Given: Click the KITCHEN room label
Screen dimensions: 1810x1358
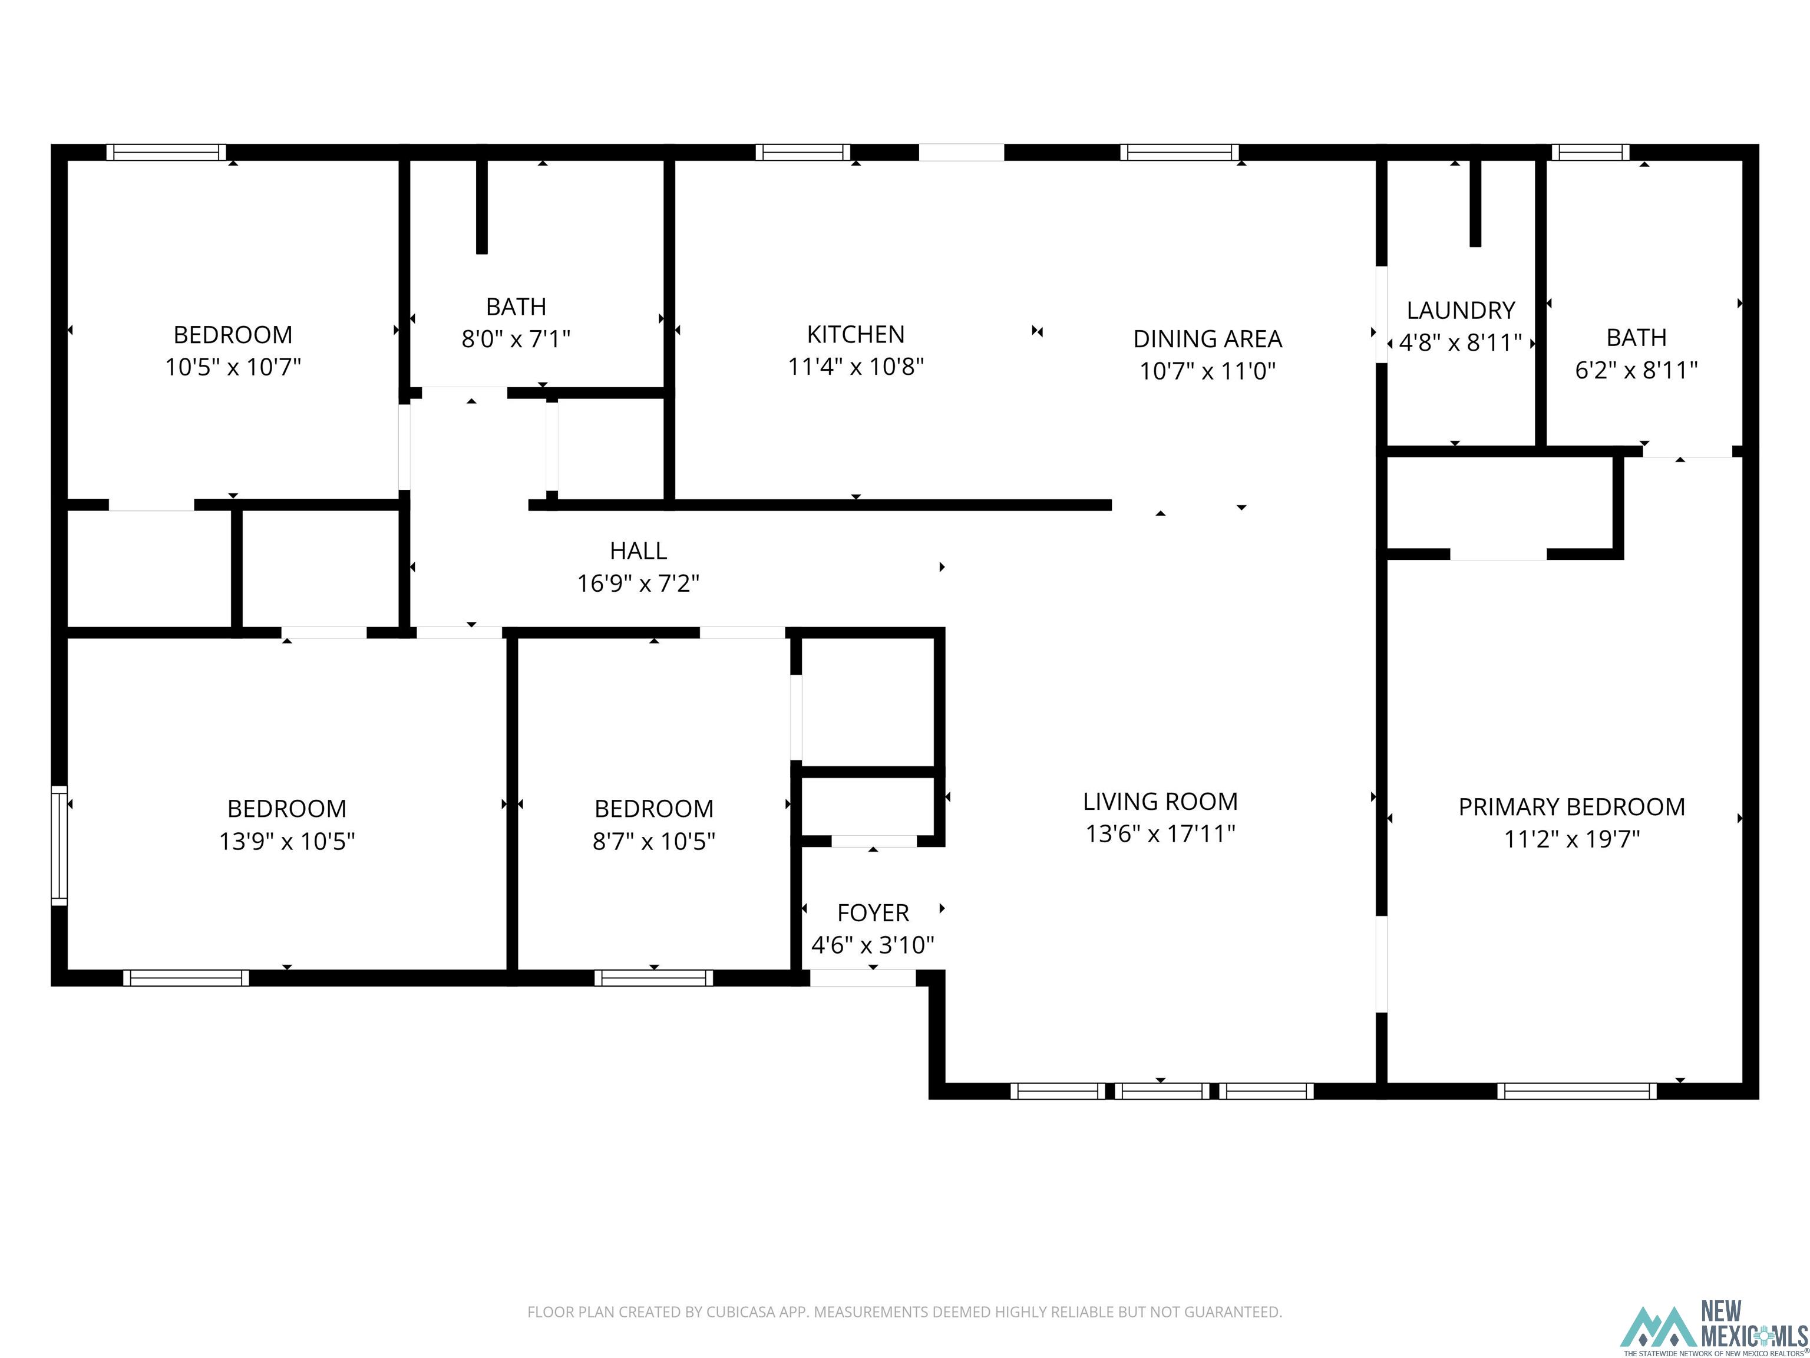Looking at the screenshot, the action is [856, 334].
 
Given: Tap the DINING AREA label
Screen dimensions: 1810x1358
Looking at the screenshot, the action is [1208, 338].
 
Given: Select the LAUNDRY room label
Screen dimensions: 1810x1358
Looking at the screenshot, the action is [1461, 310].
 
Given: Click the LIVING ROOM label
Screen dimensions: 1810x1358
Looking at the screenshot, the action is [1160, 802].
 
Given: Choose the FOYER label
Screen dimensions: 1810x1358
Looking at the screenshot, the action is [873, 912].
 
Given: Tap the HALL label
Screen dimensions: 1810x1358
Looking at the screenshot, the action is [638, 551].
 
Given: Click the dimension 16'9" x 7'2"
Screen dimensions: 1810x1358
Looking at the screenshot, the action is [638, 584].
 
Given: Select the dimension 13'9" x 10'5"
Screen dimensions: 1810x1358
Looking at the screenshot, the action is [286, 842].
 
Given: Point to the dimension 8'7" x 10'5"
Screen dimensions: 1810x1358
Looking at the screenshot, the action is [654, 842].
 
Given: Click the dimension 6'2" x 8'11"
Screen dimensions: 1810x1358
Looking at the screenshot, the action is [1637, 371].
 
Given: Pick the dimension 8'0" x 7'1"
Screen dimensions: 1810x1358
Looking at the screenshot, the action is [516, 339].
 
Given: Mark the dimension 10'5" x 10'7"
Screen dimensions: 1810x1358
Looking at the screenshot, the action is [233, 367].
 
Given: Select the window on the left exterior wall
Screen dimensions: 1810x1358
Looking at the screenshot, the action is [59, 846].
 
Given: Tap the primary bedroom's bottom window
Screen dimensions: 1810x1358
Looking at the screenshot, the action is [1577, 1090].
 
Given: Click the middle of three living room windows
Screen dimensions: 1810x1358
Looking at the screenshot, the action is [1162, 1090].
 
